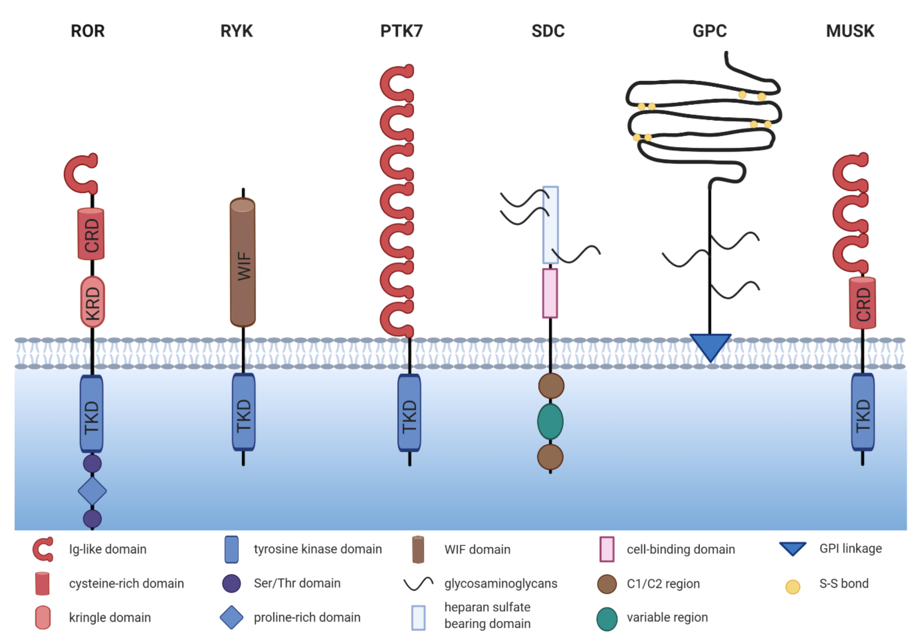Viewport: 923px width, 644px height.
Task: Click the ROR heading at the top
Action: [88, 31]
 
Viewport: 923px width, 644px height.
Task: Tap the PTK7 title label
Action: [401, 31]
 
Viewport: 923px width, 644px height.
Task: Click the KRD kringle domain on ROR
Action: [92, 301]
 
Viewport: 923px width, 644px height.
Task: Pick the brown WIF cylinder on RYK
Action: [242, 262]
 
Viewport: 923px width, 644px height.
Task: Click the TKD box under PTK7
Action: [409, 413]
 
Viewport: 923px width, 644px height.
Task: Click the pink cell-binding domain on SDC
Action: [550, 293]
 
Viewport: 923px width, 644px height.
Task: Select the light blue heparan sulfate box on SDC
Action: [550, 225]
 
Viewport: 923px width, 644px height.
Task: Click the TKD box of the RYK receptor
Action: [243, 412]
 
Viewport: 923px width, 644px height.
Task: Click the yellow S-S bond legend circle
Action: [792, 587]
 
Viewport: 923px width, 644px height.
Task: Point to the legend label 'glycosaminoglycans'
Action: [500, 583]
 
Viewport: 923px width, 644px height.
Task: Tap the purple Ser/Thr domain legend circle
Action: [231, 583]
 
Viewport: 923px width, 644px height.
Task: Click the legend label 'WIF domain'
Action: [477, 549]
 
